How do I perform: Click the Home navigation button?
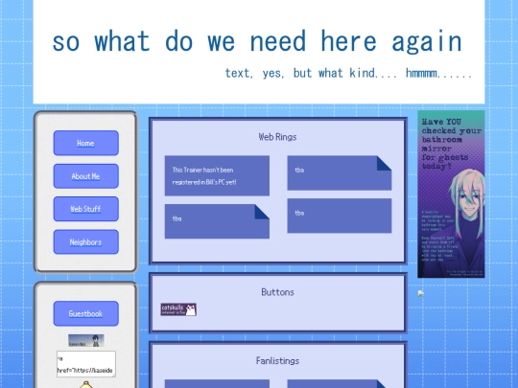85,143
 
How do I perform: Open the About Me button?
85,176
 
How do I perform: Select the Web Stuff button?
85,209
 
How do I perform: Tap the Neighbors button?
85,242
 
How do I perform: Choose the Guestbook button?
85,313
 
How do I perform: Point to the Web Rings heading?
277,137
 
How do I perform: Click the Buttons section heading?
277,292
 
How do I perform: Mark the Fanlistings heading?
277,360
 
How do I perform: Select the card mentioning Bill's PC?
216,175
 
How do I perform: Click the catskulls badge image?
178,309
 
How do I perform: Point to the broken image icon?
420,293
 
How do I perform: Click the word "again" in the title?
426,42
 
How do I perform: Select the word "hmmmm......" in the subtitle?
438,73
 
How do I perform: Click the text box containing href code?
85,364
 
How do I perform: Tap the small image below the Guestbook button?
85,340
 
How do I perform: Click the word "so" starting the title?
66,42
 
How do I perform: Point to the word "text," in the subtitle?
241,73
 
